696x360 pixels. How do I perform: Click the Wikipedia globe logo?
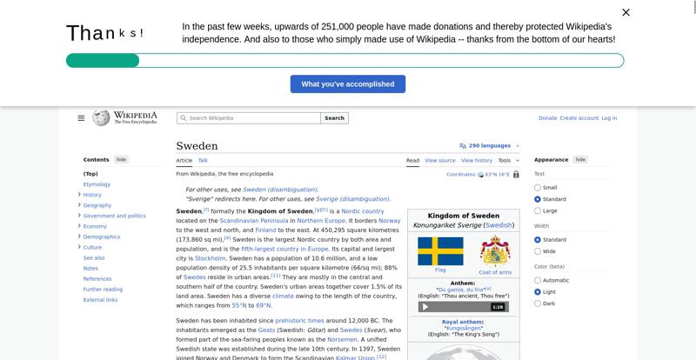101,117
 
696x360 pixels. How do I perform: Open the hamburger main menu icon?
81,118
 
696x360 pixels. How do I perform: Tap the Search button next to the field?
335,118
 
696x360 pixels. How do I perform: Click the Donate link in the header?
547,118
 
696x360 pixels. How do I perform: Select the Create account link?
579,118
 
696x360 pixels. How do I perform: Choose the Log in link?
609,118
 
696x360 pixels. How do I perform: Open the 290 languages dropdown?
489,146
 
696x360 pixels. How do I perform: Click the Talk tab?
203,160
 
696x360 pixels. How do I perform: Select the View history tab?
477,160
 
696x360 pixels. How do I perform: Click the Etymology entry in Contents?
97,184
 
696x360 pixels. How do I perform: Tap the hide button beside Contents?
121,160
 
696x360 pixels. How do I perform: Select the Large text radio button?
538,210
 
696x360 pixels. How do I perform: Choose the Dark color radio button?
538,303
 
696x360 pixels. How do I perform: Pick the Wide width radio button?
538,251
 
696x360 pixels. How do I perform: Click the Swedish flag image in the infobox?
440,251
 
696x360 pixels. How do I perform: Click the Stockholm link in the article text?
210,258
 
